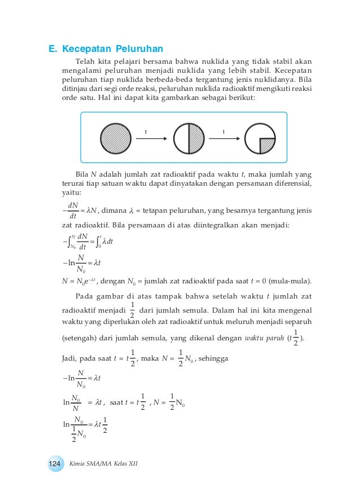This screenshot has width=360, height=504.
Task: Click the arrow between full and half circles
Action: [x=151, y=139]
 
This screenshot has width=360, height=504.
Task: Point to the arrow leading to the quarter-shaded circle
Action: [x=223, y=139]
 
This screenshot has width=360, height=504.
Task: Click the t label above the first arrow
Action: [x=146, y=132]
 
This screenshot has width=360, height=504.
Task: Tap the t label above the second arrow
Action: [x=223, y=132]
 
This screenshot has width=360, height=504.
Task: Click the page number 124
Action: [x=55, y=463]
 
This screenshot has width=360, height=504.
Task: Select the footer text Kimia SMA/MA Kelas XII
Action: [x=103, y=463]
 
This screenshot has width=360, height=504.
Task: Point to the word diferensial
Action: [x=291, y=183]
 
